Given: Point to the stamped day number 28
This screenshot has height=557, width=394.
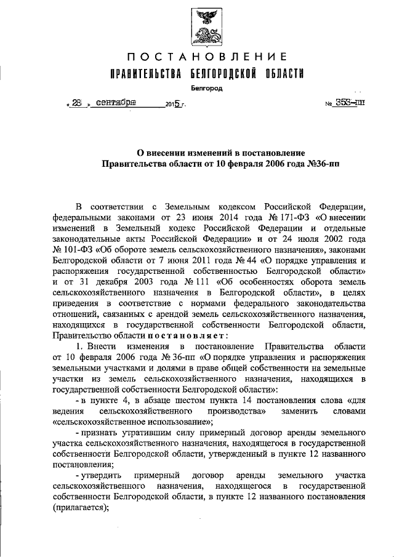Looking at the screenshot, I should tap(76, 103).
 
